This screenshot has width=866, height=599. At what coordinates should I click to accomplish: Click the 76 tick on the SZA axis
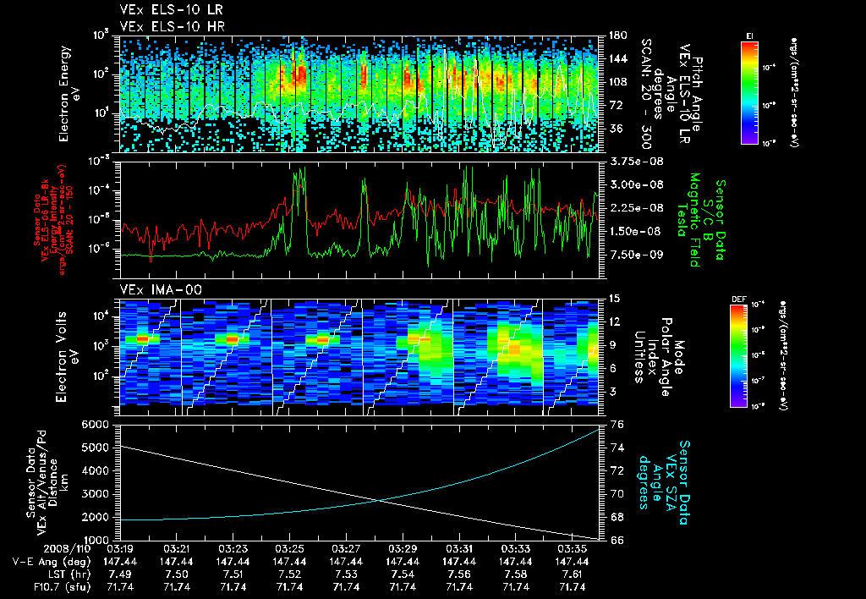tap(617, 424)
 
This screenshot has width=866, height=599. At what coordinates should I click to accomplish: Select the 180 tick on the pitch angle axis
tap(617, 36)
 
